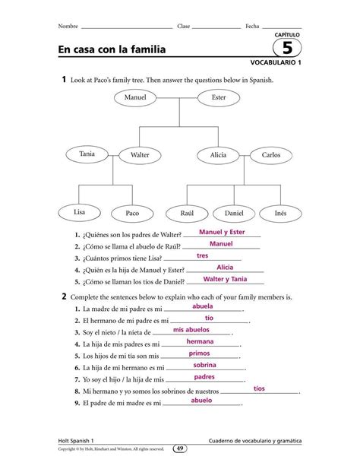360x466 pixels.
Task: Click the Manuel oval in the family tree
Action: point(134,97)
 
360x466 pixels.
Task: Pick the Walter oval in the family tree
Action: point(139,155)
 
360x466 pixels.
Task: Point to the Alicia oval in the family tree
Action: point(219,155)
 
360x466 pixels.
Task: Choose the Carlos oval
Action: point(271,155)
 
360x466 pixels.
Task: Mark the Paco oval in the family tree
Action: point(132,214)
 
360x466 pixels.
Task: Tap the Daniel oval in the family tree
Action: point(234,214)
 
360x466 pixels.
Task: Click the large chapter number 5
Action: point(286,48)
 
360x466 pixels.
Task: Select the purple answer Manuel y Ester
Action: point(221,232)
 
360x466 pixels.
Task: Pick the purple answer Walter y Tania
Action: point(219,279)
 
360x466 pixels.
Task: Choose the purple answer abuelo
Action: point(201,400)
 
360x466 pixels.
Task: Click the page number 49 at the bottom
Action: point(180,449)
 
